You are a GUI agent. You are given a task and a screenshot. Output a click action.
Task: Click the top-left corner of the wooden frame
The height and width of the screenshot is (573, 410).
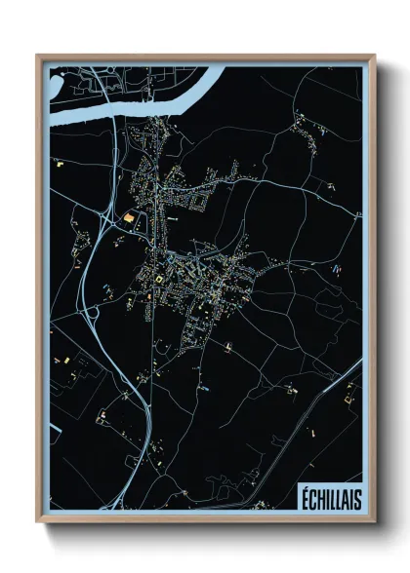click(x=38, y=57)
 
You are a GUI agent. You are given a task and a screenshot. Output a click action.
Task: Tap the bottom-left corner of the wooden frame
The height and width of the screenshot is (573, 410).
click(x=38, y=524)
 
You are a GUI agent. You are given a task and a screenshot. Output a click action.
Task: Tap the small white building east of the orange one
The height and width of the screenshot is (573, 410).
click(x=172, y=220)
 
